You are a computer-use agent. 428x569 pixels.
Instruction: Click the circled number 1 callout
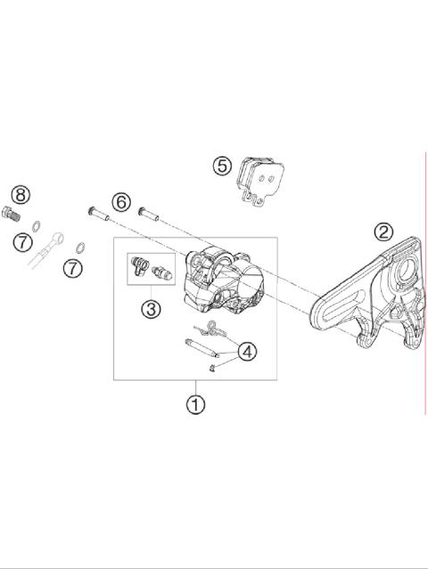[195, 403]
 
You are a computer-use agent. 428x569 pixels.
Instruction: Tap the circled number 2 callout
[383, 232]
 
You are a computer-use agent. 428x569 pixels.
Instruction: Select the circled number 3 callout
[150, 309]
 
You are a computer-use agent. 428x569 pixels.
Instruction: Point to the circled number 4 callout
[247, 352]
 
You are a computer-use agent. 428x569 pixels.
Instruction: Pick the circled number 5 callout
[222, 166]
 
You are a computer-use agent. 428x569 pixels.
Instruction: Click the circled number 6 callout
[121, 201]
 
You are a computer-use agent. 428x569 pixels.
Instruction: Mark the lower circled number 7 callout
[73, 266]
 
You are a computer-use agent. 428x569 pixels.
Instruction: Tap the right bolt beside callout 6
[147, 213]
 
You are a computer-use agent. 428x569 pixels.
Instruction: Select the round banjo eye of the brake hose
[58, 239]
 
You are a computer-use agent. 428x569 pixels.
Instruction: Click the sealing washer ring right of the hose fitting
[79, 247]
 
